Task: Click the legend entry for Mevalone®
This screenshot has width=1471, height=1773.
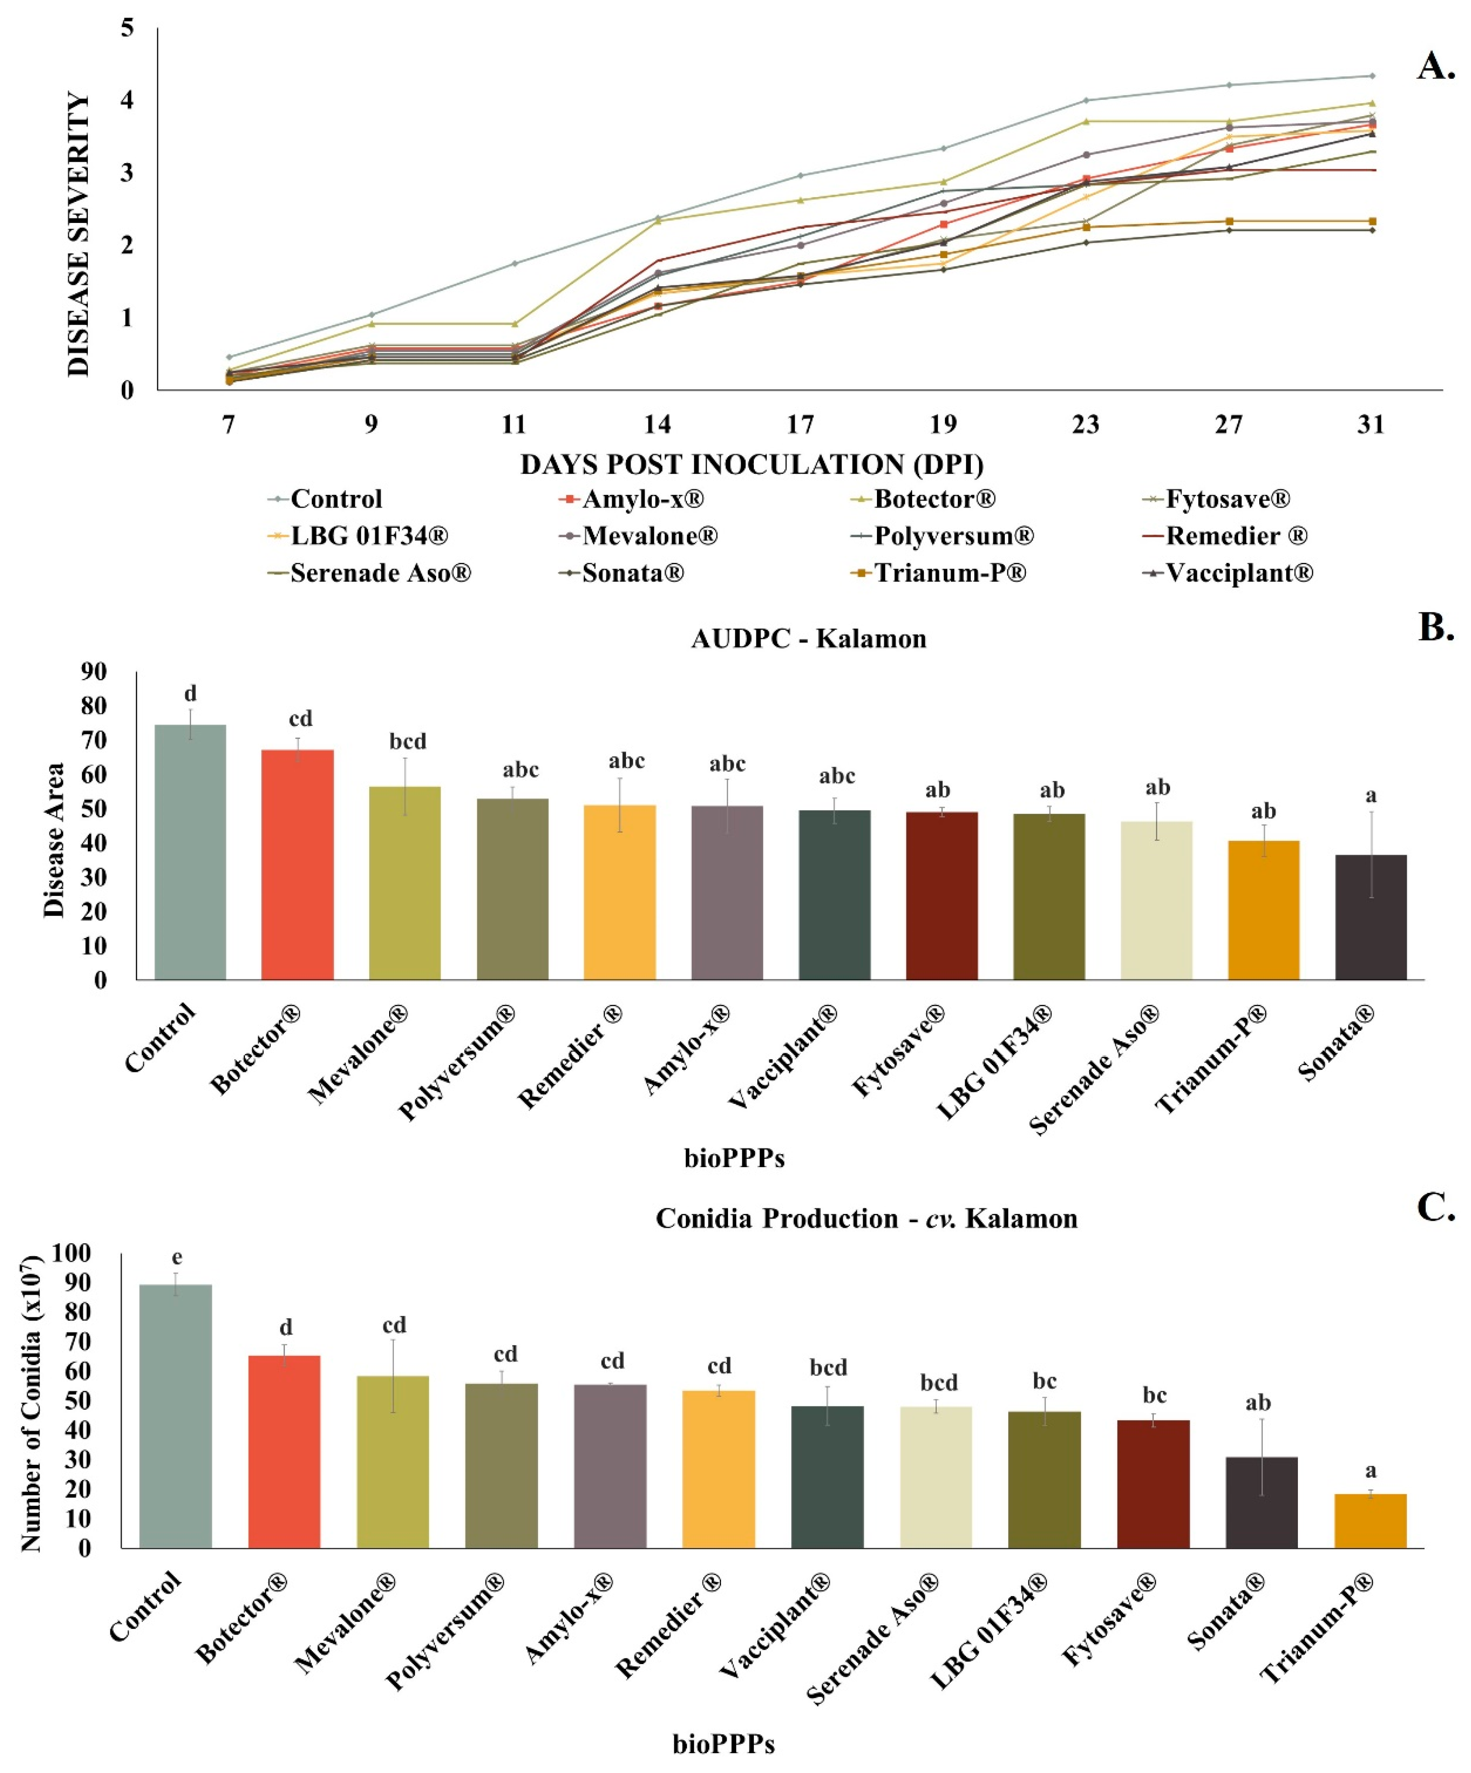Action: click(x=648, y=536)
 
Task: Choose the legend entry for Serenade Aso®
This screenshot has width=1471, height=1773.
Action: click(x=380, y=573)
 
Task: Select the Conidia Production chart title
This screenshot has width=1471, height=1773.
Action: click(x=867, y=1218)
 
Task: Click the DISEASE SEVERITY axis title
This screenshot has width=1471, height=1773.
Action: click(x=78, y=235)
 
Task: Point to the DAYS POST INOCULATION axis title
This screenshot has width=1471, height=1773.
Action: click(x=752, y=464)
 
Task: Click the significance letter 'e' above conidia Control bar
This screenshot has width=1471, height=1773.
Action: click(x=177, y=1258)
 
